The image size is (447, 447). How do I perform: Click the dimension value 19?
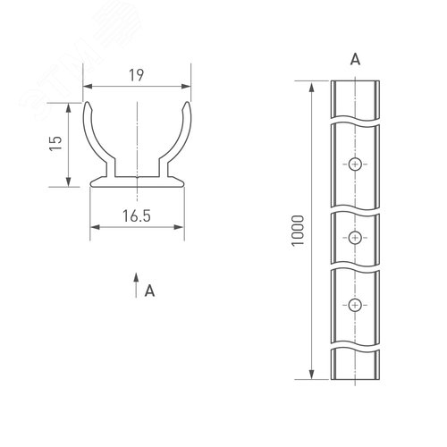pos(136,75)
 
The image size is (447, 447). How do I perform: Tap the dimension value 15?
pos(55,143)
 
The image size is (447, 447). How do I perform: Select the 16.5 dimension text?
pos(137,216)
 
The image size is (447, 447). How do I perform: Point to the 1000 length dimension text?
pos(298,231)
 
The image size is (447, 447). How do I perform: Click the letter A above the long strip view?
pos(355,60)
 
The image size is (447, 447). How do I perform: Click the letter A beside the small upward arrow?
pos(149,291)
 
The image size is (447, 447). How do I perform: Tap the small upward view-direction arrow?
pos(136,285)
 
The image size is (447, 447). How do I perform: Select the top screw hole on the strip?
pos(355,164)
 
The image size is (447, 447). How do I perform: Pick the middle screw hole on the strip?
pos(355,238)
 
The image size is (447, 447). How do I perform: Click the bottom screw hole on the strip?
pos(355,305)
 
